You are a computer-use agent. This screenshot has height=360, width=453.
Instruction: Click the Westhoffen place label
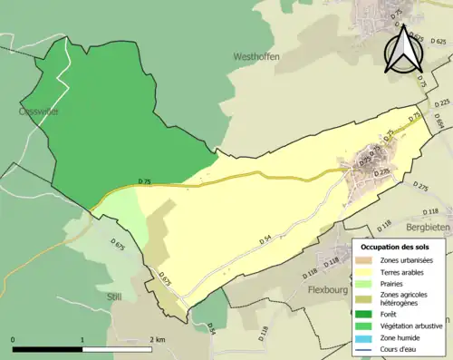pos(256,56)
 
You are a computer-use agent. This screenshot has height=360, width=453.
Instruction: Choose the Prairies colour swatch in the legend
pos(367,282)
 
